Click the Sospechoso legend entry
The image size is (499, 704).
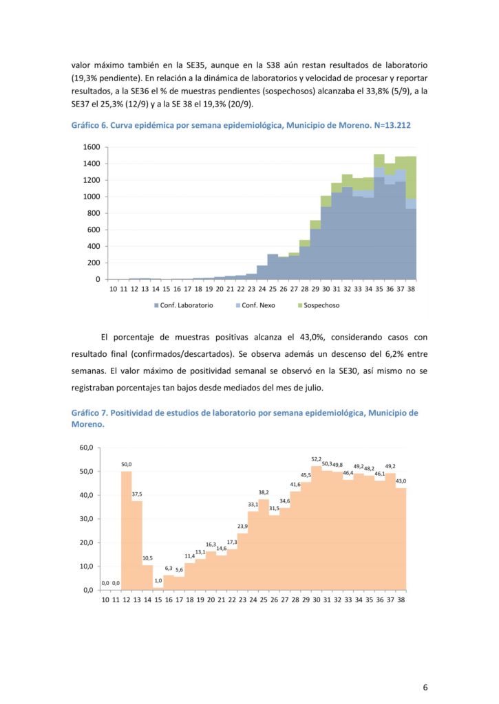point(319,305)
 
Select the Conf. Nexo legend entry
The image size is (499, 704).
point(255,305)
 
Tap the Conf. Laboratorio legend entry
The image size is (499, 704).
point(183,305)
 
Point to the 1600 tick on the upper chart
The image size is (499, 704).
point(92,147)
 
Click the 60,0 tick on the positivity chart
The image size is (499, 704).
point(86,448)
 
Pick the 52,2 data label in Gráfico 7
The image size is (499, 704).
point(317,459)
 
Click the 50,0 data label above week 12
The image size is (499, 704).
point(127,464)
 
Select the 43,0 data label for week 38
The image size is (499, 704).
point(401,481)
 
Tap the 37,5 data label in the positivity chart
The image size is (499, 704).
point(137,494)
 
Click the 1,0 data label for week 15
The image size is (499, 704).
point(158,580)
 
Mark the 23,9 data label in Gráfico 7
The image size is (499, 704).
point(243,526)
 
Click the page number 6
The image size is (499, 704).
point(425,687)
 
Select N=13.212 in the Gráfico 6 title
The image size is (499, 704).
point(392,125)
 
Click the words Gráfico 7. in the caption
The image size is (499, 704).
point(89,412)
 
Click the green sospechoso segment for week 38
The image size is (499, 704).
point(411,178)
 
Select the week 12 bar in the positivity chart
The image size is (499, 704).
point(127,530)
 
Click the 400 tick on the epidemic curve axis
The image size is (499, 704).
point(94,246)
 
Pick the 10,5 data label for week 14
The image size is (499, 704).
point(147,558)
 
